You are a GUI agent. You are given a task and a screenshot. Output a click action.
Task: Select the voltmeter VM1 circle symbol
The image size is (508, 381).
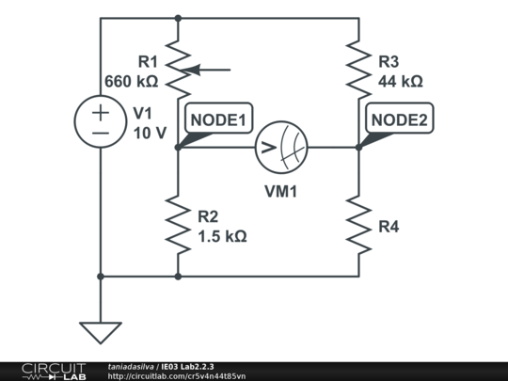[x=281, y=147]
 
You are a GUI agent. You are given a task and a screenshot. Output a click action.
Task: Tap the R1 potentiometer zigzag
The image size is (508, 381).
[x=178, y=68]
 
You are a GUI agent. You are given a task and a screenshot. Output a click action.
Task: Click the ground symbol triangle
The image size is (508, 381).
[x=100, y=332]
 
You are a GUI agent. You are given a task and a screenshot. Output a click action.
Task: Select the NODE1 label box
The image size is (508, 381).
[x=217, y=119]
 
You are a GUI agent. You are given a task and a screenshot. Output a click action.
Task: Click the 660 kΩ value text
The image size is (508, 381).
[x=131, y=82]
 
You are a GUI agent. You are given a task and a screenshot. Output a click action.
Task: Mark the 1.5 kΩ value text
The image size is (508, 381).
[x=222, y=236]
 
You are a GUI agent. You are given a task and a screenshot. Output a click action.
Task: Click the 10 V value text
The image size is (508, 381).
[x=149, y=133]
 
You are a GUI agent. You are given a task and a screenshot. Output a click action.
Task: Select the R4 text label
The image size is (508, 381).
[x=388, y=226]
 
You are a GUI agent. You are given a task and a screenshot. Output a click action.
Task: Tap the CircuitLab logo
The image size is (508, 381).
[x=42, y=371]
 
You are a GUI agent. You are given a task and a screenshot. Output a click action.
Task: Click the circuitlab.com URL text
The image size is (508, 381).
[x=177, y=375]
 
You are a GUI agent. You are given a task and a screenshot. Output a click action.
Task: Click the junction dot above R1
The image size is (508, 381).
[x=178, y=17]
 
